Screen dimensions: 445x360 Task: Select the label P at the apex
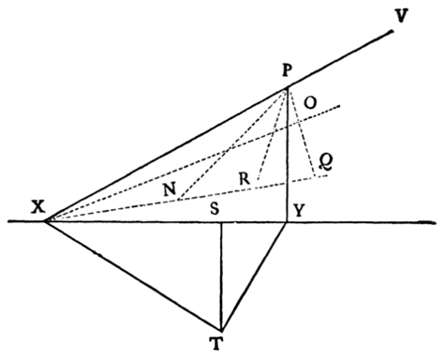coord(288,71)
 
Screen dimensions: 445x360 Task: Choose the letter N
coord(170,187)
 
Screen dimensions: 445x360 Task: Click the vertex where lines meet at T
coord(222,329)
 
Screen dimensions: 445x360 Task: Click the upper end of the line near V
coord(393,32)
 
